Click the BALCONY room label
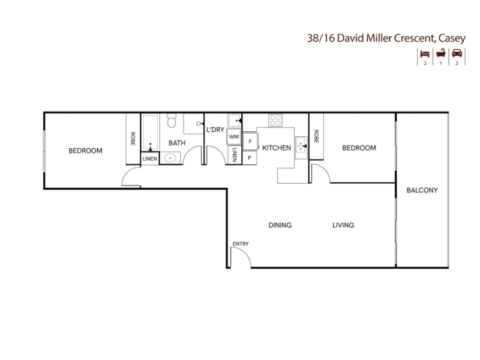422,190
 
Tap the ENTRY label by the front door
241,244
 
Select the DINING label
280,225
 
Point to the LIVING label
343,225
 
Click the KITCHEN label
277,148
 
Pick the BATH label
177,143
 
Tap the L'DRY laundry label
215,130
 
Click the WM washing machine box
234,137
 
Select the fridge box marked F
250,141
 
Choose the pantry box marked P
250,158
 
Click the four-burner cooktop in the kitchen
275,121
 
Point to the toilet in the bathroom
172,121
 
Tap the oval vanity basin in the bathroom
170,158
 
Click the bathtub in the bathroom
151,133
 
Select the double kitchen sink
301,148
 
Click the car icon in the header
457,53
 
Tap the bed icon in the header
425,54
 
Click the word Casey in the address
452,38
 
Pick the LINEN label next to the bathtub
149,158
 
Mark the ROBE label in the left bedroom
133,139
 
